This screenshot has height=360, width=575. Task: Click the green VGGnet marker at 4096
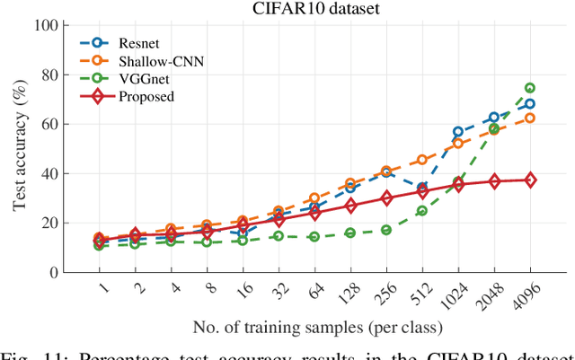(530, 88)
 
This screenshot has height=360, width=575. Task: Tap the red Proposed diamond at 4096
(530, 180)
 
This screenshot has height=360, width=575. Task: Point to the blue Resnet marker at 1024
(458, 132)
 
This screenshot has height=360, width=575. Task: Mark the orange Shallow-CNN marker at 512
(422, 160)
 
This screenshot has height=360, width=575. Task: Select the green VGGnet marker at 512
(422, 211)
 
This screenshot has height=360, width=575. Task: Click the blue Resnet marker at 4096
(530, 104)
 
